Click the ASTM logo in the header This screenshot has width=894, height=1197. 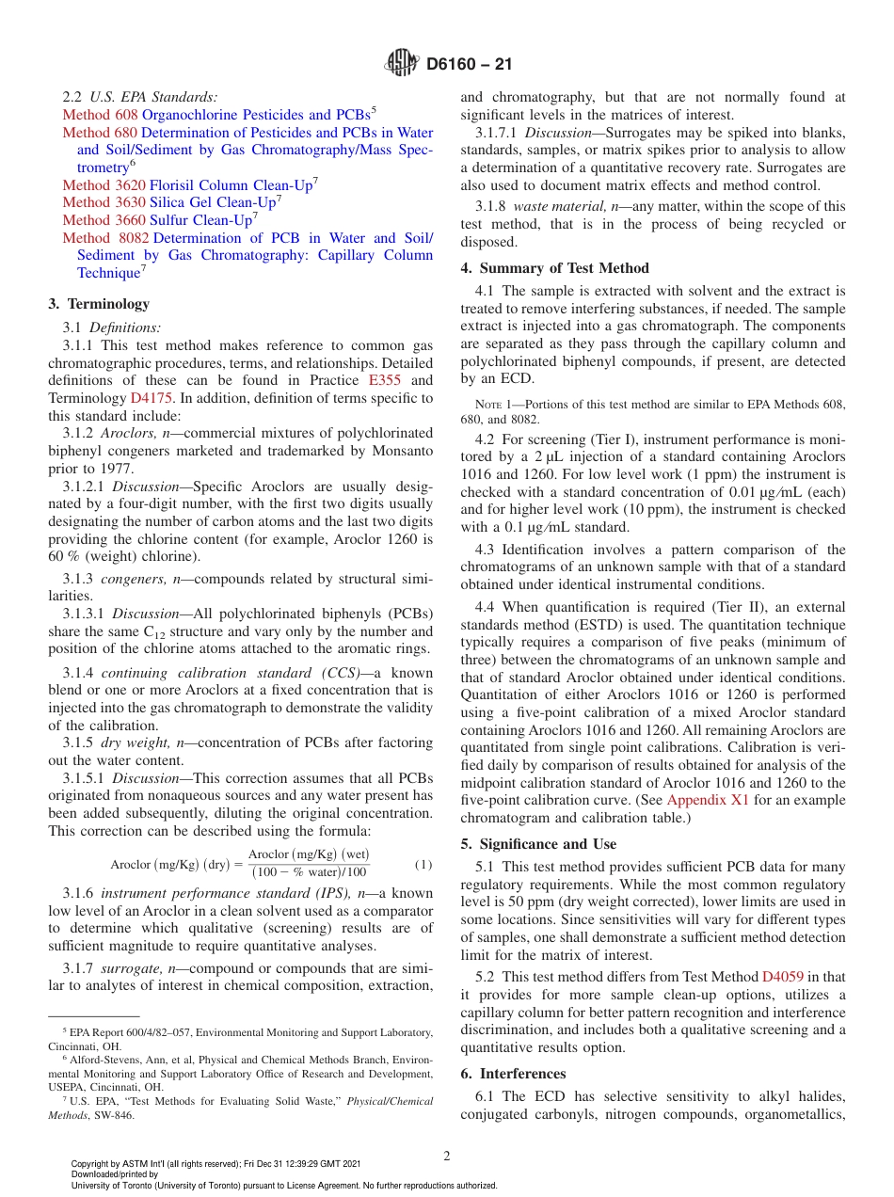pos(403,64)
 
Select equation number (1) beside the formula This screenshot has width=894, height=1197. pos(423,864)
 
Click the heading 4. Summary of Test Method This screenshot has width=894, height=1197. pos(554,267)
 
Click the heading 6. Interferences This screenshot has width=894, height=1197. pos(513,1073)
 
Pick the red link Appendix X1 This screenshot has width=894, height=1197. pos(708,800)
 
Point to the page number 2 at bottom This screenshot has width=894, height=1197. pos(446,1156)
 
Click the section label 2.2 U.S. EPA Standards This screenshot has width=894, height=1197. pos(139,96)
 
